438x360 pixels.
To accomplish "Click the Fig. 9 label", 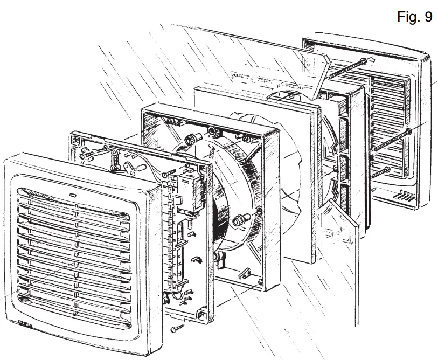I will (414, 17).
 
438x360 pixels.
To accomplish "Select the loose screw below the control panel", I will (175, 328).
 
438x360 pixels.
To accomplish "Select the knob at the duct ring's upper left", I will (190, 139).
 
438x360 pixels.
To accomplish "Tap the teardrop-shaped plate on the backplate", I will (133, 167).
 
